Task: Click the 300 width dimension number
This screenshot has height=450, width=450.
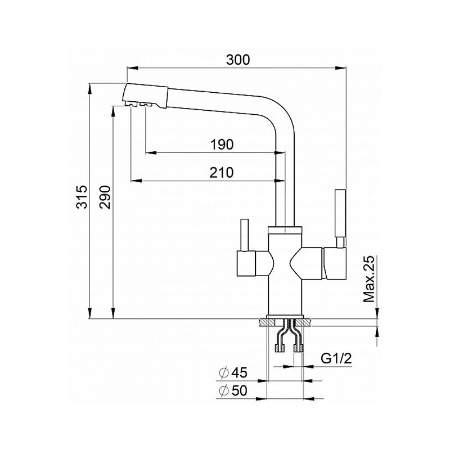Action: coord(238,60)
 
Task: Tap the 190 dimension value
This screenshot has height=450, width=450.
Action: coord(222,145)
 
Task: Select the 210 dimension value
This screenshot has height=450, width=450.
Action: coord(221,173)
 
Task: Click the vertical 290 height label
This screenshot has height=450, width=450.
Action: coord(105,197)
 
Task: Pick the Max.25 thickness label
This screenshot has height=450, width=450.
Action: coord(369,278)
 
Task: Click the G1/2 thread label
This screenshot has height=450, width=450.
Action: coord(336,358)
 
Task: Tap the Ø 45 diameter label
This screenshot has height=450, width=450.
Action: coord(233,372)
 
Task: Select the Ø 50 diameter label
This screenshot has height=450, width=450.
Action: coord(233,390)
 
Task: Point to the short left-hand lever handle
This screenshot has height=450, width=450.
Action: coord(245,235)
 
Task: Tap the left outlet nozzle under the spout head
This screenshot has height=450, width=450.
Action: coord(130,104)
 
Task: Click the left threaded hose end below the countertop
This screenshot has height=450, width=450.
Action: coord(280,348)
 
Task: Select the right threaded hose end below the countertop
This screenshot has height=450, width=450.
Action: coord(299,348)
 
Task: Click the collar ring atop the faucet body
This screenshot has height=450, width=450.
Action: coord(285,230)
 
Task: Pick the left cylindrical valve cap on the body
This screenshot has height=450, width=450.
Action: coord(246,263)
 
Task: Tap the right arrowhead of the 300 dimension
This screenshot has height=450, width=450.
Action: coord(340,68)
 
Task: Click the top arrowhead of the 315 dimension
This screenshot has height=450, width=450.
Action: coord(90,89)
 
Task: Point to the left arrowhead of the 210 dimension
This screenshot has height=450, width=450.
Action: coord(136,181)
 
